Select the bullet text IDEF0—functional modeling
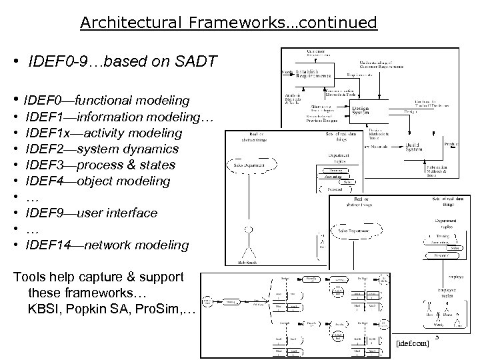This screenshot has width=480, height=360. (x=107, y=101)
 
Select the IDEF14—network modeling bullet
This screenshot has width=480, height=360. (x=107, y=245)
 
